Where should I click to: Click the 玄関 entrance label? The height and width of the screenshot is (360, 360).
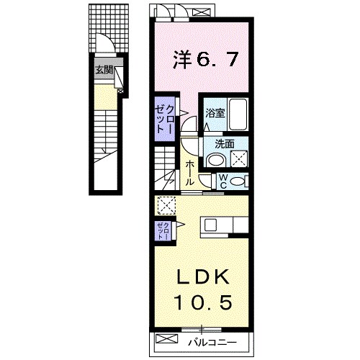[x=104, y=70]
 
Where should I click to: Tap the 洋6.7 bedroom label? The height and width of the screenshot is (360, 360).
[x=206, y=59]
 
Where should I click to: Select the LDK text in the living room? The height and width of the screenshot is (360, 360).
[x=203, y=276]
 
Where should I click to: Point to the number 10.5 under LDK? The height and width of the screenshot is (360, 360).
[x=204, y=302]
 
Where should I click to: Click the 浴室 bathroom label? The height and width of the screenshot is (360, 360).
[x=215, y=113]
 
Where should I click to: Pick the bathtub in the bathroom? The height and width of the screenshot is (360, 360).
[x=238, y=114]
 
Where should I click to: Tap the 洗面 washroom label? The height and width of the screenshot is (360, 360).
[x=225, y=144]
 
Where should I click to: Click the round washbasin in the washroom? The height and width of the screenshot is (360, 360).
[x=216, y=160]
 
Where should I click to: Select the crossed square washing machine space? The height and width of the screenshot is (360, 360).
[x=239, y=158]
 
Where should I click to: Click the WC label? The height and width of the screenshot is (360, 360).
[x=223, y=181]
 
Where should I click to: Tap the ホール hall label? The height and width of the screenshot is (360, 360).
[x=189, y=173]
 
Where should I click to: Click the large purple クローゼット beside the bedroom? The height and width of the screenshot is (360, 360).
[x=164, y=119]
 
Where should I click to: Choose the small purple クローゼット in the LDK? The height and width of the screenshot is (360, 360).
[x=163, y=231]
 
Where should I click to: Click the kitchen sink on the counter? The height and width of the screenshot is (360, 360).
[x=210, y=225]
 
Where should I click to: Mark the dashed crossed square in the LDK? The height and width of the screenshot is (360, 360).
[x=166, y=205]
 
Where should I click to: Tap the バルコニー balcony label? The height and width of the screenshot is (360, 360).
[x=212, y=342]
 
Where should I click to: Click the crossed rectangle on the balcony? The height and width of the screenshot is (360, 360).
[x=166, y=339]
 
